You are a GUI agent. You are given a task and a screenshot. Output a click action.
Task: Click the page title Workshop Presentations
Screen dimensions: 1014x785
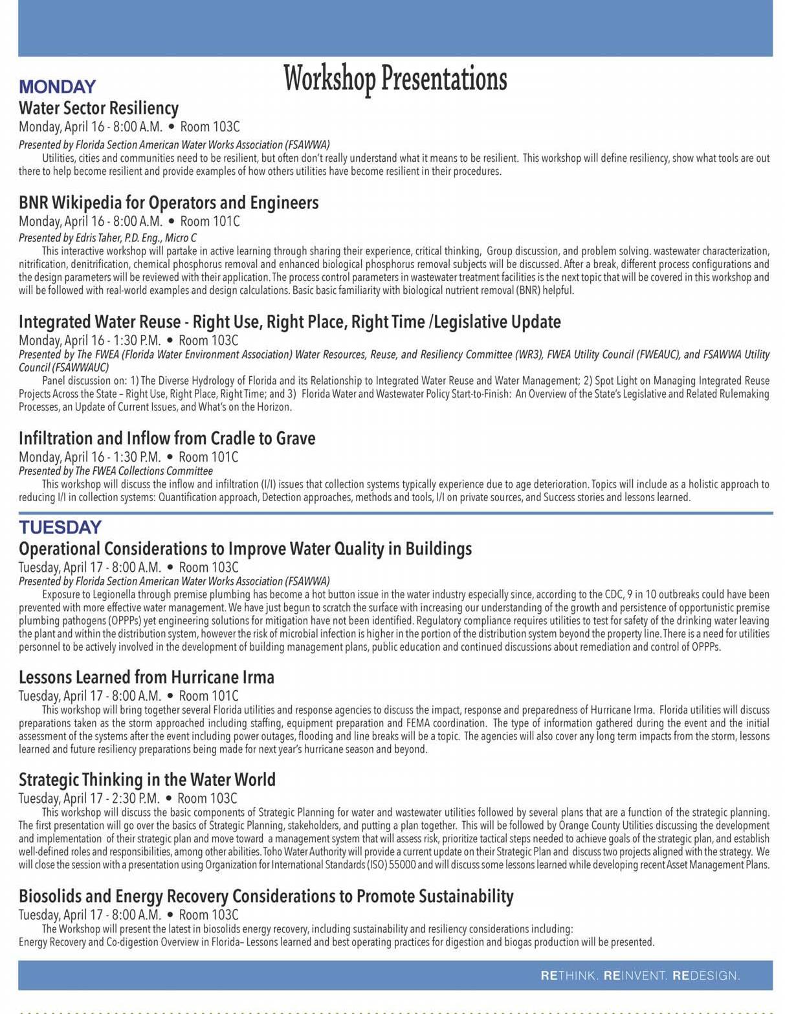[395, 78]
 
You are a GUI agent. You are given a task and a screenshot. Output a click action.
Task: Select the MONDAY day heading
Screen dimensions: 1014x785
[58, 87]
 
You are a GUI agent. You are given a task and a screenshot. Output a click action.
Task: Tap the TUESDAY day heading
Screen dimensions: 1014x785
[60, 527]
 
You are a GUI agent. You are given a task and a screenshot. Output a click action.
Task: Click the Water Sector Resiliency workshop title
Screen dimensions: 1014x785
[98, 107]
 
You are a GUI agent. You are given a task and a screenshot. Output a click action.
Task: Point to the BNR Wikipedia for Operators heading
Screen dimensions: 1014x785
[168, 203]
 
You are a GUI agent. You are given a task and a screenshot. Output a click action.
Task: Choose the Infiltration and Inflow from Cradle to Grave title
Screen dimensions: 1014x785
[167, 438]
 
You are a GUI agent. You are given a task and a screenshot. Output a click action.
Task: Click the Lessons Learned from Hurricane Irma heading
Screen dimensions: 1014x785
[146, 677]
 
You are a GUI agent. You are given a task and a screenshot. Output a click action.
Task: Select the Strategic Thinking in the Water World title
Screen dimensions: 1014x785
[147, 780]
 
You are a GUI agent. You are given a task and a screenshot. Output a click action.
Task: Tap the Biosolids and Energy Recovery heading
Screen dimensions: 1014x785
[265, 896]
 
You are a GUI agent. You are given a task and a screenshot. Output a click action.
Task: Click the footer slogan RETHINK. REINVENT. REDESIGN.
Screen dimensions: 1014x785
[640, 975]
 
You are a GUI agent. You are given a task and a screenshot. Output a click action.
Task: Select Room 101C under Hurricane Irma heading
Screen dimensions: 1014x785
[208, 696]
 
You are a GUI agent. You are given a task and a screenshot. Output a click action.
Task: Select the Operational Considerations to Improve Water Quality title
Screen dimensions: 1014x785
[245, 549]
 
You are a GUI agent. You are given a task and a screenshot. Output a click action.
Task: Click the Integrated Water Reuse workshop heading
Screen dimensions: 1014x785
[289, 322]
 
